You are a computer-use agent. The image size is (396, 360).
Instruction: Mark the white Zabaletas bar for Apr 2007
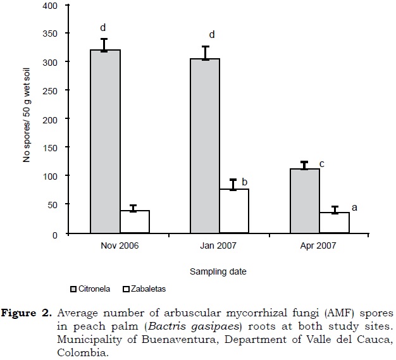tap(334, 223)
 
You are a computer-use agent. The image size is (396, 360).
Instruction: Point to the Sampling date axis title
tap(220, 271)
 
